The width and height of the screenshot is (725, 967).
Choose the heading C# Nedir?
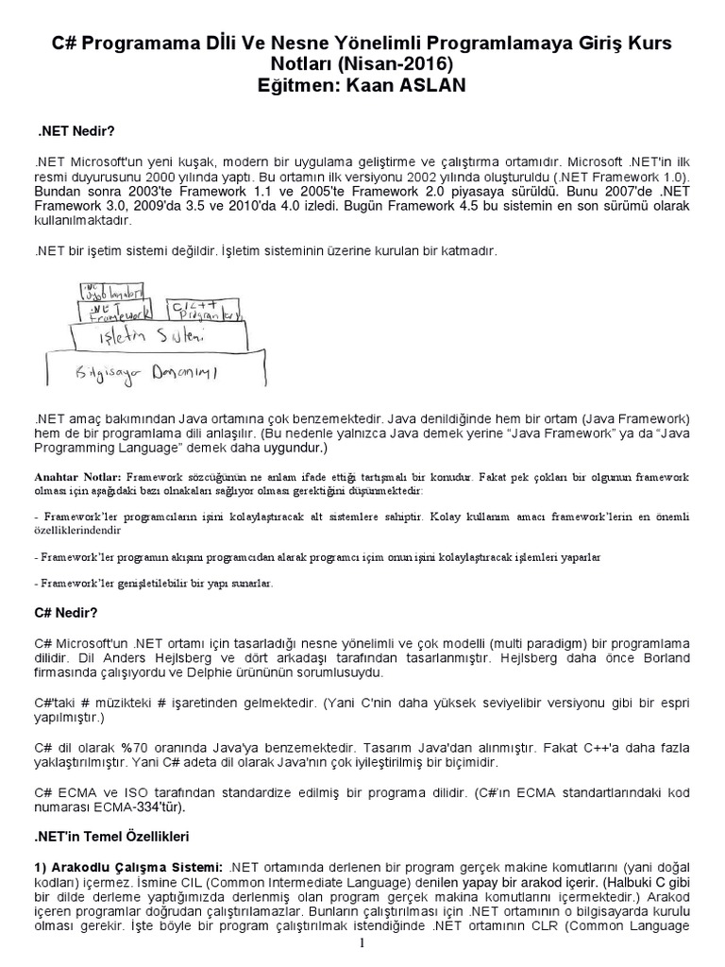66,613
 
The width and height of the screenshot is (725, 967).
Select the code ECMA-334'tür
145,808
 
